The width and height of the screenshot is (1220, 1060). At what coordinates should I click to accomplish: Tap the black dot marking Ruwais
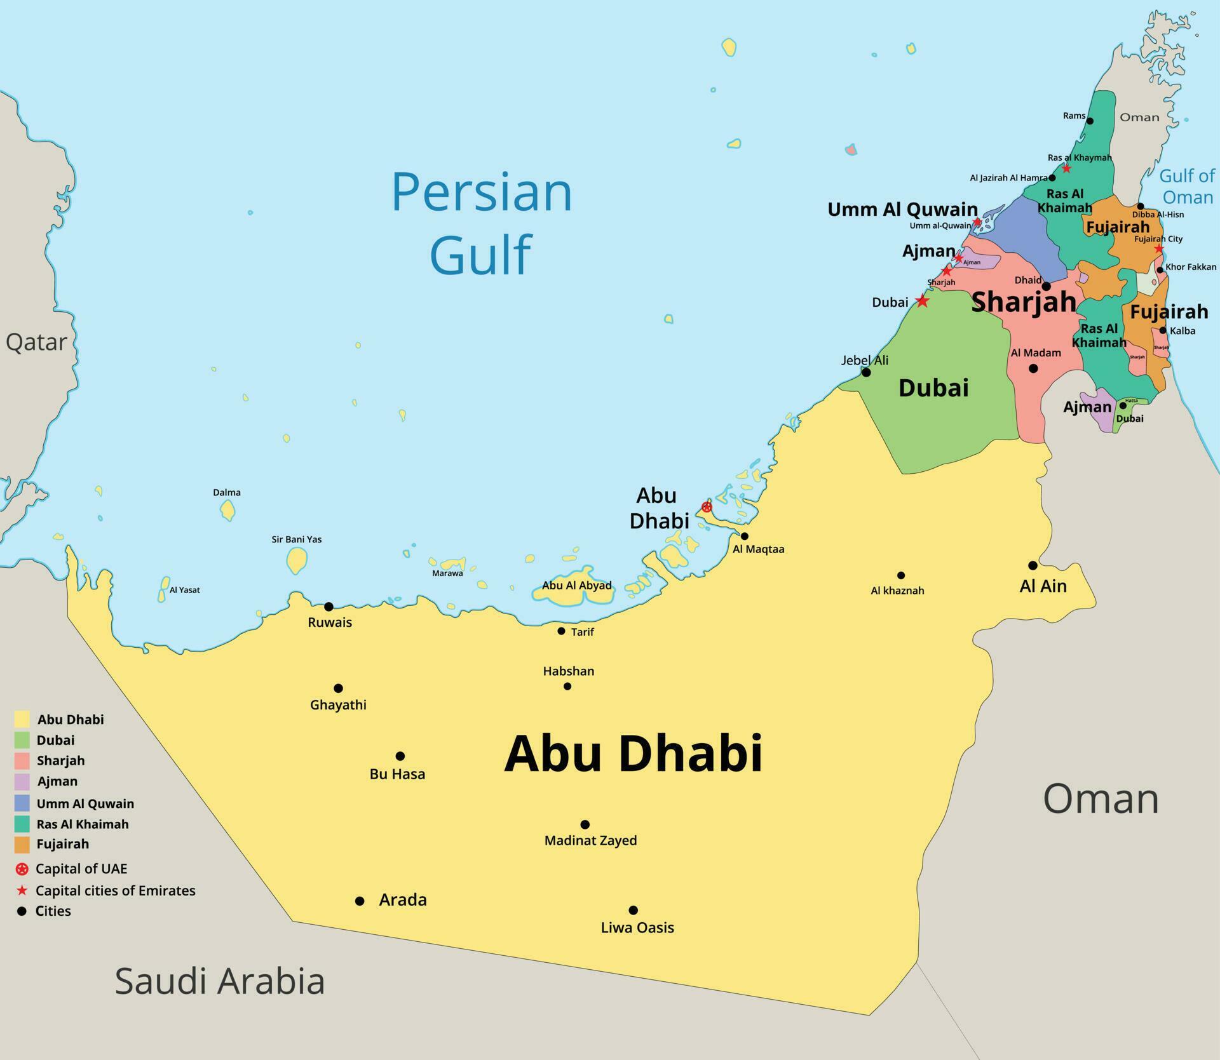tap(329, 607)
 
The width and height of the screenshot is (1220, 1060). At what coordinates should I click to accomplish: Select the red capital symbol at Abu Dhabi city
tap(707, 507)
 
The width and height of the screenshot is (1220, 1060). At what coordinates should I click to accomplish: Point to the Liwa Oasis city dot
tap(633, 910)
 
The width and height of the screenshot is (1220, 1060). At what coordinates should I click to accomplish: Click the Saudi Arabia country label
tap(219, 981)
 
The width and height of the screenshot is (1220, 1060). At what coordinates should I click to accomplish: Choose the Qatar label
tap(36, 342)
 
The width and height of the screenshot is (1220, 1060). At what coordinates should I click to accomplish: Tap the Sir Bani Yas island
tap(296, 560)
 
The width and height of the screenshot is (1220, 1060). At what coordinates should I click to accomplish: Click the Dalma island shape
tap(227, 510)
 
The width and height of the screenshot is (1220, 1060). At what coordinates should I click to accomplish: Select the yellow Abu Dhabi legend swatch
tap(22, 719)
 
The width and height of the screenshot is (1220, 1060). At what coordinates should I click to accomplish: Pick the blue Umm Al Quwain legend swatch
tap(22, 803)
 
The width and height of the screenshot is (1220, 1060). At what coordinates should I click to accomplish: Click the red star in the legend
tap(22, 890)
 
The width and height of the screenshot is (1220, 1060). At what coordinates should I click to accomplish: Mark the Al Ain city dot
tap(1033, 565)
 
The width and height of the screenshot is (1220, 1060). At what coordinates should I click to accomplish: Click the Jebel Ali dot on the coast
tap(865, 372)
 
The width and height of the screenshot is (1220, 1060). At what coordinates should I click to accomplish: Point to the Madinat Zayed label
tap(590, 840)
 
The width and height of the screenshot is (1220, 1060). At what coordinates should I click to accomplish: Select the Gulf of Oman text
tap(1186, 186)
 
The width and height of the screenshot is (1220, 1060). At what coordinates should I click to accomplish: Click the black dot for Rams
tap(1090, 121)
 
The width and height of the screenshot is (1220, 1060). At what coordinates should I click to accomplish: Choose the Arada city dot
tap(360, 901)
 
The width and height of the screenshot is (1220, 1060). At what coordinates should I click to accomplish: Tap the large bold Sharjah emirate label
tap(1024, 301)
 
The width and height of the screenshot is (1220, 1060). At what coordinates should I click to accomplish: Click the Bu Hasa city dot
tap(400, 756)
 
